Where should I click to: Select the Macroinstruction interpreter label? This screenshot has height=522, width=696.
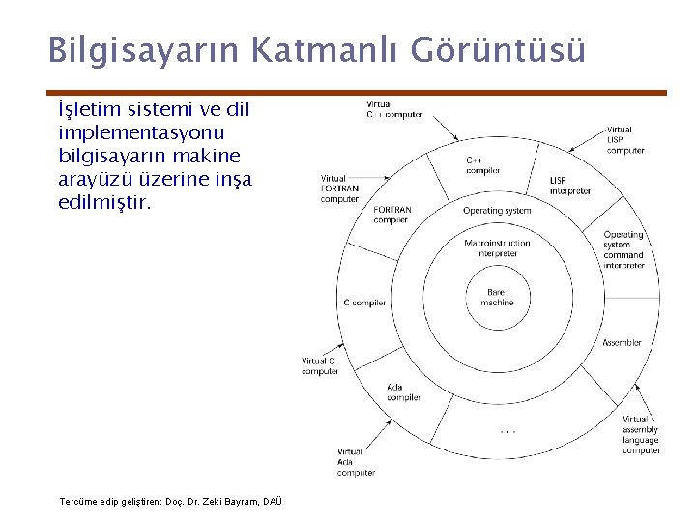pyautogui.click(x=497, y=248)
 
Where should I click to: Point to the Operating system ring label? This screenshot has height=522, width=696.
pyautogui.click(x=497, y=211)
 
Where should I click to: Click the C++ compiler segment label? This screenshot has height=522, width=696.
pyautogui.click(x=483, y=165)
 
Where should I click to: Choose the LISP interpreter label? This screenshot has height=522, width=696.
pyautogui.click(x=570, y=186)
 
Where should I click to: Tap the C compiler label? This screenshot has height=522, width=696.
pyautogui.click(x=364, y=303)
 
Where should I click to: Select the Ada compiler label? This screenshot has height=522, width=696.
pyautogui.click(x=404, y=391)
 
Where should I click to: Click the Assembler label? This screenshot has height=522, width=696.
pyautogui.click(x=622, y=343)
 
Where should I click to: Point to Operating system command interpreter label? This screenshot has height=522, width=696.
pyautogui.click(x=623, y=250)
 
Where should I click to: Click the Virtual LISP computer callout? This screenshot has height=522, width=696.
pyautogui.click(x=625, y=140)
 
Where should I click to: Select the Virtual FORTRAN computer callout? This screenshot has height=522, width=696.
pyautogui.click(x=339, y=188)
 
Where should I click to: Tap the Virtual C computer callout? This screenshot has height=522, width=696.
pyautogui.click(x=320, y=366)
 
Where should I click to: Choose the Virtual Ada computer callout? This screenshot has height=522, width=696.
pyautogui.click(x=355, y=462)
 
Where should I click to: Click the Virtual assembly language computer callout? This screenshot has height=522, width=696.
pyautogui.click(x=642, y=435)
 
